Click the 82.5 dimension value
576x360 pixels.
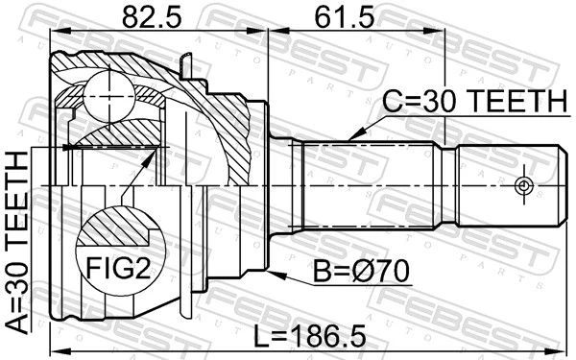click(x=152, y=18)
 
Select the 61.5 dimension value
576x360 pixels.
click(x=345, y=18)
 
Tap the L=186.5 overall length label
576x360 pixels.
click(x=310, y=337)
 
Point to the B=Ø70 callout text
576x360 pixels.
click(x=361, y=271)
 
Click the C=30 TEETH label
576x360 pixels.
click(x=474, y=102)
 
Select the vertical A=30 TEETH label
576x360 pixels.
click(x=17, y=243)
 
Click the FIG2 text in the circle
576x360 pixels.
click(x=118, y=268)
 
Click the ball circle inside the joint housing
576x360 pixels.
click(x=109, y=95)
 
